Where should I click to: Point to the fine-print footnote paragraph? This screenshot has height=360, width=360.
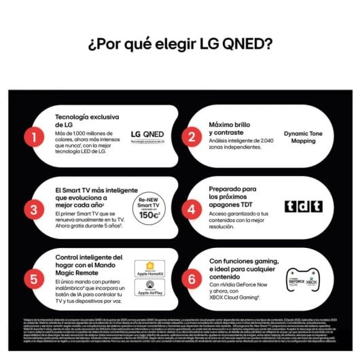180,327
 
